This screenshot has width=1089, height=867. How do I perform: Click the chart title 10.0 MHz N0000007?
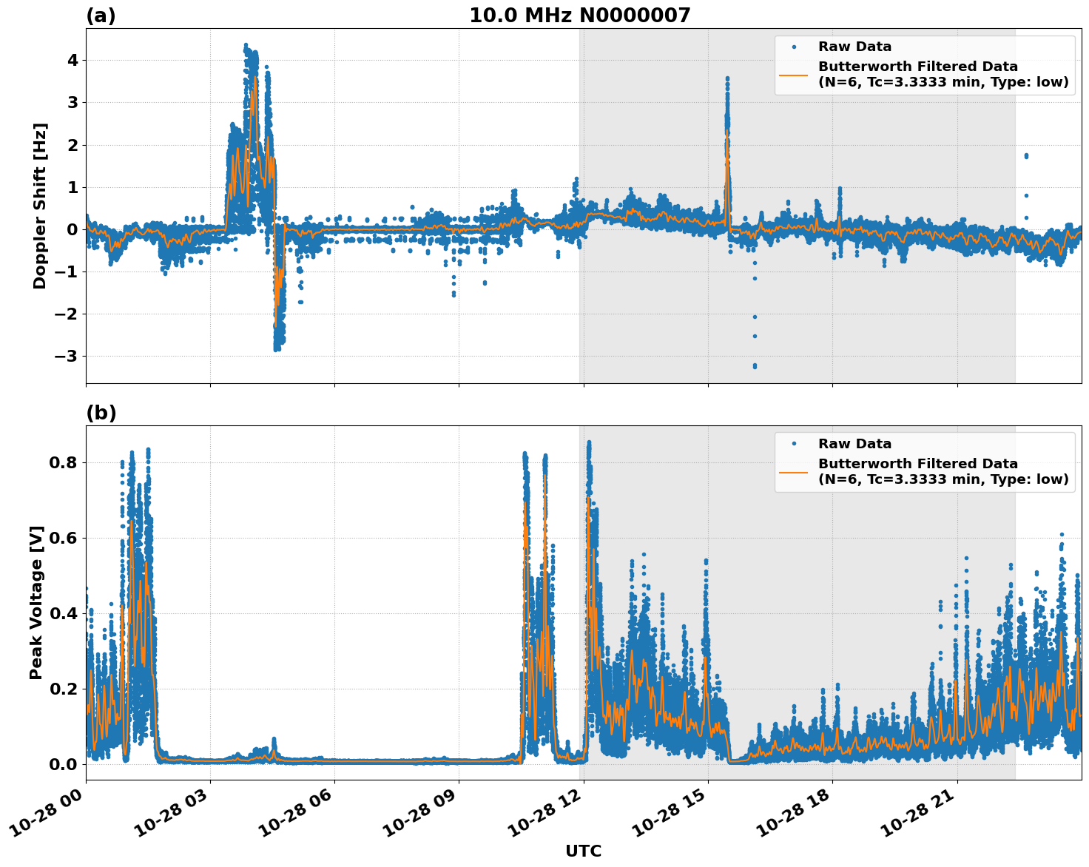[580, 16]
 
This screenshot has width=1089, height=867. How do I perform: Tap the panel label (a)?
[101, 16]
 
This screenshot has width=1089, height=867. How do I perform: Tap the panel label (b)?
[101, 413]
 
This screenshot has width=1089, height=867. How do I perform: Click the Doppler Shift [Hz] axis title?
[40, 206]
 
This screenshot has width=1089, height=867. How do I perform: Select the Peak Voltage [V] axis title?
[36, 602]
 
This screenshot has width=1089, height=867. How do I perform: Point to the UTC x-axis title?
[583, 851]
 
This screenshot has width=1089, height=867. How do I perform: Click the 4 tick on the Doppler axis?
[73, 60]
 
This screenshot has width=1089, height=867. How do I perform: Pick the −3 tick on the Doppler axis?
[68, 356]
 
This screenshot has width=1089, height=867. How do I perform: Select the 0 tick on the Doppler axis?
[73, 229]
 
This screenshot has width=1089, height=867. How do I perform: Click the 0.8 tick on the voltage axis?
[64, 462]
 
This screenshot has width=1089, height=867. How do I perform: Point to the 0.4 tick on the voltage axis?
[64, 613]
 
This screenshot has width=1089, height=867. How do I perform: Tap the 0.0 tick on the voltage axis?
[64, 763]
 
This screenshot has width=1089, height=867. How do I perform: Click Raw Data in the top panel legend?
[854, 47]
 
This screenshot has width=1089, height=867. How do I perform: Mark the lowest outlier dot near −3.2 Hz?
[755, 366]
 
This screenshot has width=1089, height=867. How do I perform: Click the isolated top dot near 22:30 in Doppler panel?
[1026, 155]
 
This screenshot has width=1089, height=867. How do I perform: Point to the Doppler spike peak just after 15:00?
[727, 78]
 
